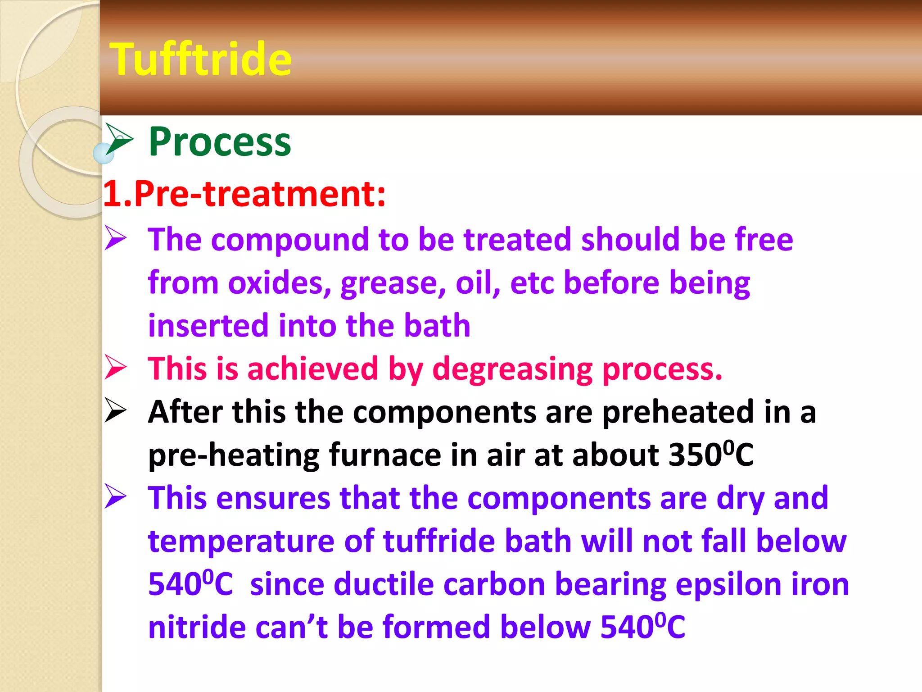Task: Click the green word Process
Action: [x=220, y=142]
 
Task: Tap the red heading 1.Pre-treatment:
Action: [x=244, y=194]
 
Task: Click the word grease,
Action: [x=393, y=283]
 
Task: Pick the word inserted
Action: [x=208, y=325]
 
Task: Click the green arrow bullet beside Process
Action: [x=119, y=139]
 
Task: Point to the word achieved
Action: [x=312, y=369]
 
